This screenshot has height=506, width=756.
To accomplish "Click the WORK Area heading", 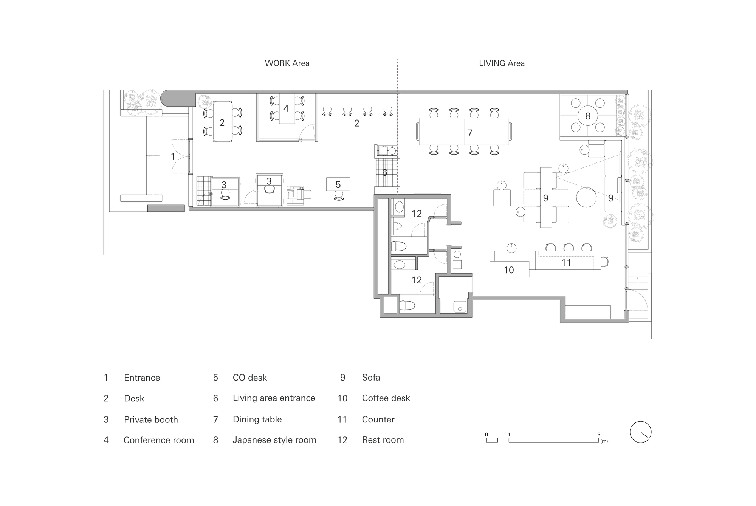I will (287, 63).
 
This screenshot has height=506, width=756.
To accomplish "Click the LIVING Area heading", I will (502, 63).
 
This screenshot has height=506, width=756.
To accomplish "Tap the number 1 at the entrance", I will (173, 156).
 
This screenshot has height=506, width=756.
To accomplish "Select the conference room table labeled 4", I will (286, 109).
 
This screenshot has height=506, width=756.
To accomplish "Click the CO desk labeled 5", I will (338, 184).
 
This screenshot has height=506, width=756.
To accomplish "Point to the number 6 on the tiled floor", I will (385, 173).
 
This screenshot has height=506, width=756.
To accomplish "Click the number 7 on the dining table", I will (469, 133).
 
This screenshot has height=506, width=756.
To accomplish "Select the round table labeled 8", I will (587, 116).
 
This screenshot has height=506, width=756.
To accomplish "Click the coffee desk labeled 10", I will (509, 270).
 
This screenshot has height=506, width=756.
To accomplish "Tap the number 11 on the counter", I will (566, 263).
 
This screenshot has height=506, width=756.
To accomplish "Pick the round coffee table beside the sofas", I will (586, 197).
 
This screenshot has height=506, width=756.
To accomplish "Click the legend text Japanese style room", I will (274, 440).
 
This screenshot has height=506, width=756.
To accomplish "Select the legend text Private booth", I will (151, 419).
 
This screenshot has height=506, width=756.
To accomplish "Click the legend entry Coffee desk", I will (386, 398).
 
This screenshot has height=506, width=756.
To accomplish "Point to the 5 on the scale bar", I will (599, 435).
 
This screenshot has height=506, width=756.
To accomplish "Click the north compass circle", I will (641, 432).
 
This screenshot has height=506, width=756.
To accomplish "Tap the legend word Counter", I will (378, 419).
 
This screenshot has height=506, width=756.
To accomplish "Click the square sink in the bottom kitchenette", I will (460, 306).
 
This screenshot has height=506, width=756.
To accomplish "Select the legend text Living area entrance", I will (274, 398).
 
